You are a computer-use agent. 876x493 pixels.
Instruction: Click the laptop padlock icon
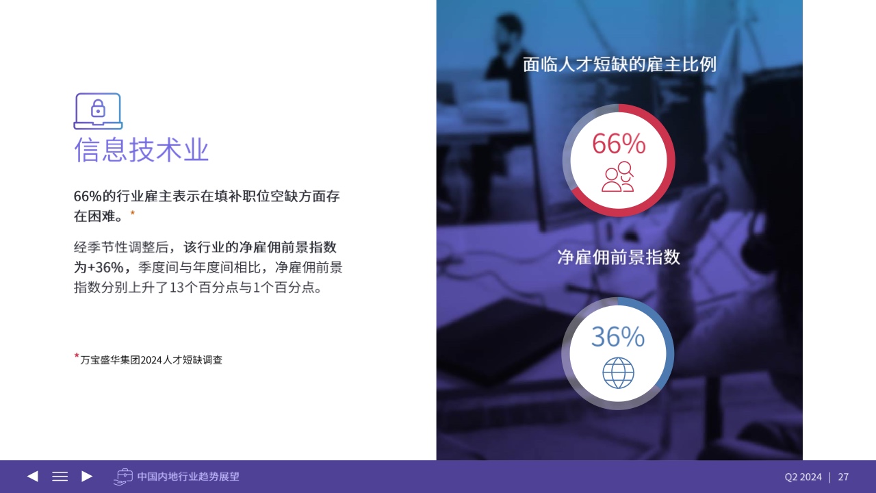tap(98, 111)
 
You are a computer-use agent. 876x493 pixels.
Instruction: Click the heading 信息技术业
tap(141, 149)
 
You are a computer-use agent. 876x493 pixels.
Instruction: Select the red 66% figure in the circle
tap(619, 144)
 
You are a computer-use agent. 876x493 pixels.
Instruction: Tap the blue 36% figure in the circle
tap(618, 336)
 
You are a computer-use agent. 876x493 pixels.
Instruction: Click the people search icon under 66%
tap(618, 177)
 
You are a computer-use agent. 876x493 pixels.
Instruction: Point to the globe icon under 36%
tap(618, 373)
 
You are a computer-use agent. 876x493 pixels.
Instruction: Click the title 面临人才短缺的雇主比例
tap(619, 64)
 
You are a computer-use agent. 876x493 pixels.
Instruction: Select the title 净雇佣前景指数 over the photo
tap(619, 257)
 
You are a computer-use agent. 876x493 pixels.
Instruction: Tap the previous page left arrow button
tap(32, 476)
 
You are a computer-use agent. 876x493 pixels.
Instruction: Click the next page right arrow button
tap(87, 476)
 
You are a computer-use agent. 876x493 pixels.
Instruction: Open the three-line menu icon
tap(60, 476)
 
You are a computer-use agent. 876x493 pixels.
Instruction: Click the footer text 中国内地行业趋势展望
tap(188, 477)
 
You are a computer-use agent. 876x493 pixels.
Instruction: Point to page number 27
tap(843, 477)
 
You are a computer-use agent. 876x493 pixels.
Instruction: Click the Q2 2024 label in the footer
tap(803, 477)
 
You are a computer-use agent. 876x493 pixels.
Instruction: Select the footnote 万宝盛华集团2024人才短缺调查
tap(151, 360)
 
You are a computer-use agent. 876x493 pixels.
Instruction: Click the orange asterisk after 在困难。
tap(133, 213)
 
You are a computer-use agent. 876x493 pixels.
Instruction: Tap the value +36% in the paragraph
tap(105, 267)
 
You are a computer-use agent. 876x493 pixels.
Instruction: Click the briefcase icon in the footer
tap(123, 477)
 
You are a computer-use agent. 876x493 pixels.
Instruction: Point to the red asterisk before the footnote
tap(77, 355)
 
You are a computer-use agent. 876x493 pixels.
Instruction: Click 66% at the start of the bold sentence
tap(88, 196)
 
